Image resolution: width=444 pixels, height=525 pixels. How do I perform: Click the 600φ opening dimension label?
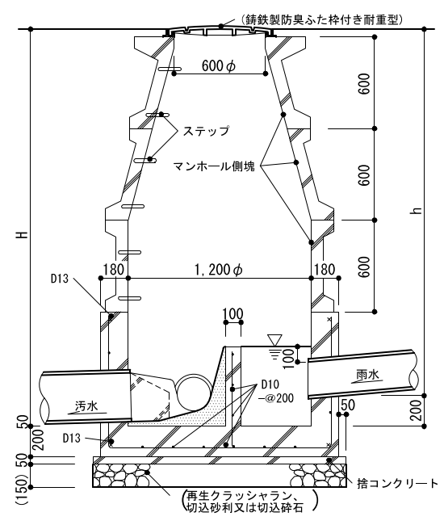(219, 65)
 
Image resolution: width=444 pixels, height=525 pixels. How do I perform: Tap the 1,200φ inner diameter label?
(219, 270)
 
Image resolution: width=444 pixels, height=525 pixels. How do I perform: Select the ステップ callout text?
(206, 131)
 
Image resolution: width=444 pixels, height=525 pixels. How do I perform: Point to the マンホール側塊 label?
(214, 166)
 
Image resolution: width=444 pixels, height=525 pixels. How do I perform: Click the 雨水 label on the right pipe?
(367, 375)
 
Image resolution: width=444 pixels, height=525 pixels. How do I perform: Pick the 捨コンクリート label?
(397, 484)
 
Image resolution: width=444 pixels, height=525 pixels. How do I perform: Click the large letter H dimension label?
(23, 234)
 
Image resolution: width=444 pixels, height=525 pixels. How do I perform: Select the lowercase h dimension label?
(417, 211)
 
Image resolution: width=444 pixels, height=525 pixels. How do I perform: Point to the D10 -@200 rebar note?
(275, 391)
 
